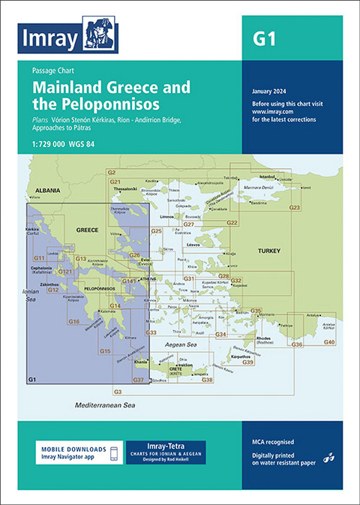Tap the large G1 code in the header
[x=263, y=41]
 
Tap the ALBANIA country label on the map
[x=46, y=191]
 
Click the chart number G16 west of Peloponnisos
[x=73, y=321]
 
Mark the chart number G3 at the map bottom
[x=117, y=392]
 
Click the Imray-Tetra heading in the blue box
[x=164, y=446]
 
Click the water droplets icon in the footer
[x=328, y=457]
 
